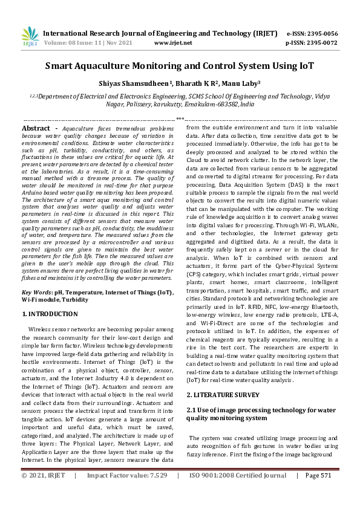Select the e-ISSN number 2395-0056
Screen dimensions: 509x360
pos(322,34)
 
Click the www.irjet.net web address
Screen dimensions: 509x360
pos(173,43)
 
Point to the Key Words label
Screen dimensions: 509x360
pos(37,292)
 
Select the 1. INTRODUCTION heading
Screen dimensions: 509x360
pos(50,314)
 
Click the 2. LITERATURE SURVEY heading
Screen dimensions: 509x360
pos(223,394)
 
